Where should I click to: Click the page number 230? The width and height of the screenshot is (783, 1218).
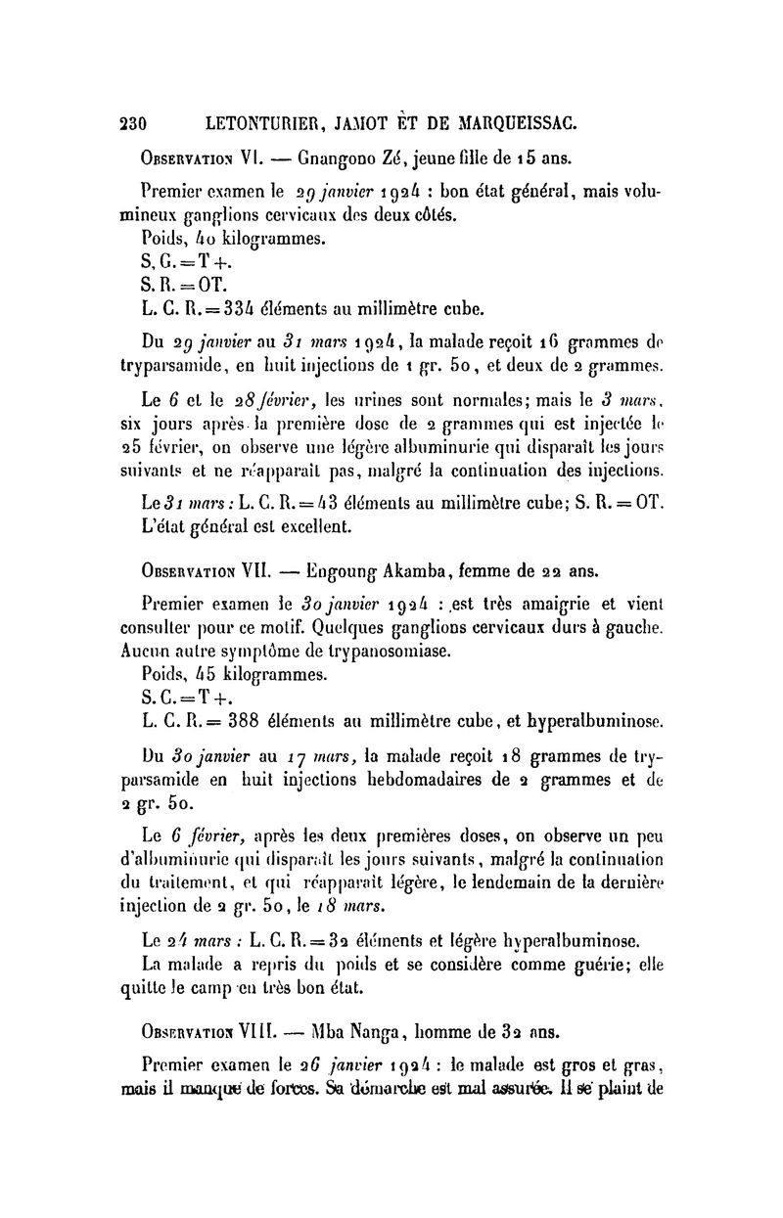(x=132, y=123)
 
